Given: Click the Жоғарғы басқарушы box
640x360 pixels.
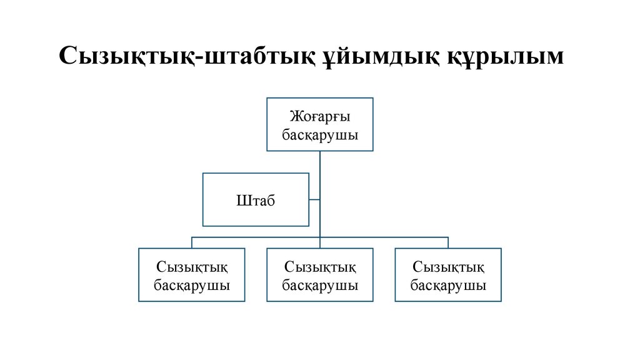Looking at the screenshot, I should tap(320, 124).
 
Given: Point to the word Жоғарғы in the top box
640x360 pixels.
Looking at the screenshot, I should tap(320, 116).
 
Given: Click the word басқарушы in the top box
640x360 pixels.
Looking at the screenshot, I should tap(320, 134).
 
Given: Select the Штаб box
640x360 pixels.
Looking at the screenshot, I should tap(256, 199).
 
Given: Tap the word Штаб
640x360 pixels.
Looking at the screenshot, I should tap(256, 200).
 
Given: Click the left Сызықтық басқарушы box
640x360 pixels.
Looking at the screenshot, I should tap(191, 275).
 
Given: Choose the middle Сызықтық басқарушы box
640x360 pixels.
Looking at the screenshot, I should tap(320, 275).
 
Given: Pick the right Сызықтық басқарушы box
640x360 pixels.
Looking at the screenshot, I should tap(448, 275).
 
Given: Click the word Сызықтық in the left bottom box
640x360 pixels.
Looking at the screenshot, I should tap(191, 267).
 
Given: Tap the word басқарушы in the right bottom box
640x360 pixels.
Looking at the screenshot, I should tap(448, 285).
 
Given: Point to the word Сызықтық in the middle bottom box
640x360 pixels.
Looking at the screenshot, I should tap(320, 267).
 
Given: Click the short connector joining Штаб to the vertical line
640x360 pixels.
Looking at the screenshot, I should tap(314, 200).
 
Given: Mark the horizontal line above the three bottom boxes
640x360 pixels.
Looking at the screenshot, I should tap(381, 237).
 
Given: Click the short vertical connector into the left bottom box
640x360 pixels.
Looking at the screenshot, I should tap(191, 243).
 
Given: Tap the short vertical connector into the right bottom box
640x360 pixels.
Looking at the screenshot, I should tap(448, 243).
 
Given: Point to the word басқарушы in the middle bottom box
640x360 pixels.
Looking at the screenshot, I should tap(320, 285).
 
